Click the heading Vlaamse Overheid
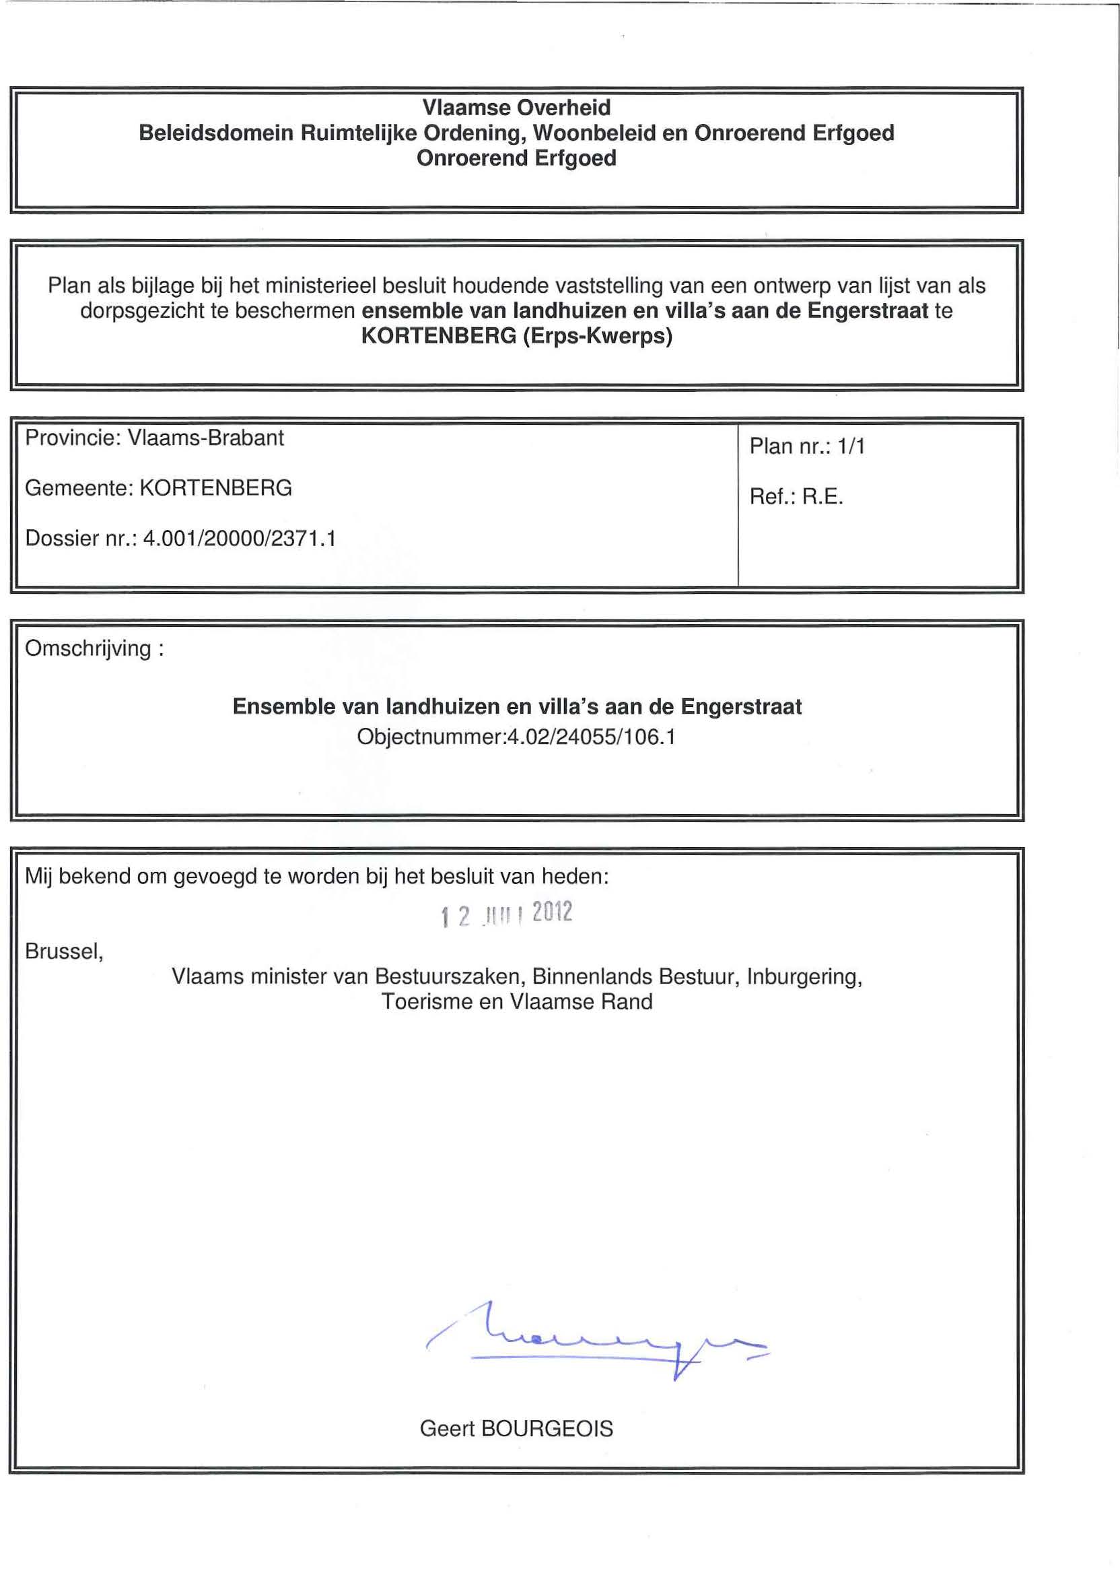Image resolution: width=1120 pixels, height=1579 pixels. pyautogui.click(x=516, y=108)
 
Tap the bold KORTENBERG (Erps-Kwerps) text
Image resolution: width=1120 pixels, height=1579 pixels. pyautogui.click(x=516, y=337)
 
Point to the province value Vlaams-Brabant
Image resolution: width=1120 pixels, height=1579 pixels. pyautogui.click(x=206, y=438)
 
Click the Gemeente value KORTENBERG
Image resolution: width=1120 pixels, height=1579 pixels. pyautogui.click(x=216, y=488)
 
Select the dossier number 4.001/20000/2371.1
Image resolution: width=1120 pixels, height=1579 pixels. pyautogui.click(x=240, y=539)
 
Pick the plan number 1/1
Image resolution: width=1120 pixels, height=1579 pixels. pyautogui.click(x=851, y=447)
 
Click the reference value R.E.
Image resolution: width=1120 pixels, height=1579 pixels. pyautogui.click(x=823, y=498)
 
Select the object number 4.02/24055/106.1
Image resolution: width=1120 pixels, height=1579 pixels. pyautogui.click(x=591, y=737)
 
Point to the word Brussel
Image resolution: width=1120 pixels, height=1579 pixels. pyautogui.click(x=63, y=951)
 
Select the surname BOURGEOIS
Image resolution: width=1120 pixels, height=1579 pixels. pyautogui.click(x=547, y=1429)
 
